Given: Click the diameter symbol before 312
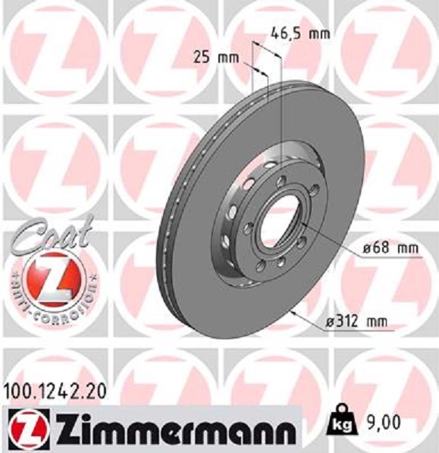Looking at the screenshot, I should tap(331, 322).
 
